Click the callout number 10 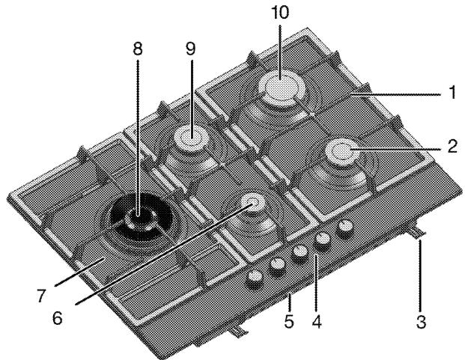coord(280,13)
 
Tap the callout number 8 coord(138,49)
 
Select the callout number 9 coord(191,49)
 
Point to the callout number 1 coord(452,92)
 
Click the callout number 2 coord(452,147)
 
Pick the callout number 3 coord(421,322)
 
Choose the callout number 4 coord(317,322)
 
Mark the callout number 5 coord(289,322)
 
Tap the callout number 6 coord(57,319)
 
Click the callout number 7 coord(41,296)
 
